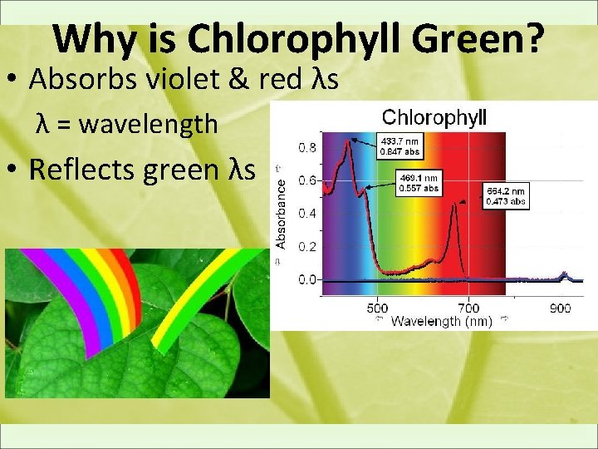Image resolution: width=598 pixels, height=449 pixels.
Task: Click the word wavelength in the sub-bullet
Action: click(x=154, y=125)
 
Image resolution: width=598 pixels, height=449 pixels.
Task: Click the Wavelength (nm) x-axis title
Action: click(x=442, y=320)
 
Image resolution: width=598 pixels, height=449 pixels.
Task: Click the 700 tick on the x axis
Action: click(x=468, y=307)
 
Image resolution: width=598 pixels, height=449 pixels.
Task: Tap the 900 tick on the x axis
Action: click(x=560, y=307)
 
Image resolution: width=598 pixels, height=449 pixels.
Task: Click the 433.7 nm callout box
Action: click(x=399, y=146)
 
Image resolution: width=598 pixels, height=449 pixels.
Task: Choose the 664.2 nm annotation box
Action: click(x=505, y=196)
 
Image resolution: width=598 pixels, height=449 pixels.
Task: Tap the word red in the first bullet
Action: click(x=267, y=80)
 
